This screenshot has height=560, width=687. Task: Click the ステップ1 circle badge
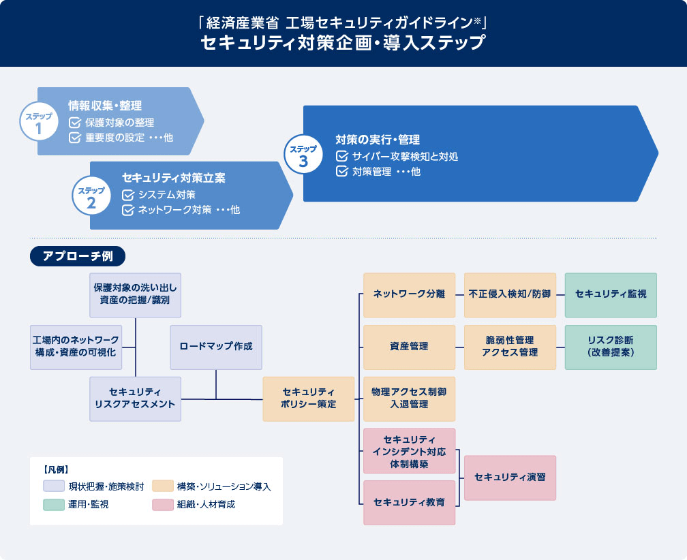tap(39, 122)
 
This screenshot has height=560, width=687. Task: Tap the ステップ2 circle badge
tap(91, 196)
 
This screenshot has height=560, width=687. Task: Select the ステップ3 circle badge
tap(303, 154)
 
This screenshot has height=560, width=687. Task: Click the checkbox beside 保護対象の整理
tap(75, 123)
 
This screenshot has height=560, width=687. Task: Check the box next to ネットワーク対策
tap(128, 210)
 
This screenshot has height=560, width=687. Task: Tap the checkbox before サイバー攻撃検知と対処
tap(341, 156)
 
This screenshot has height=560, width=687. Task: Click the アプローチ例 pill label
tap(78, 256)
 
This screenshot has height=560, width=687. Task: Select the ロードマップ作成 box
tap(216, 347)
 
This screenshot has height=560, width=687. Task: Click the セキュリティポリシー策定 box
tap(309, 399)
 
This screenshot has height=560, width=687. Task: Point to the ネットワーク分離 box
tap(409, 295)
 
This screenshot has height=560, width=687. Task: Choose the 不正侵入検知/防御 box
tap(510, 295)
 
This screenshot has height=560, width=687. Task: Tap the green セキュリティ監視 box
tap(611, 295)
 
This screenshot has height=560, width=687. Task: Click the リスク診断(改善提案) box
tap(611, 347)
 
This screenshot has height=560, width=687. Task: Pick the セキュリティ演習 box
tap(510, 478)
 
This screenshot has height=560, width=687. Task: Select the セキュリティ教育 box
tap(409, 503)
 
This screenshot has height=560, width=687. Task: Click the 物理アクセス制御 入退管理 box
tap(409, 399)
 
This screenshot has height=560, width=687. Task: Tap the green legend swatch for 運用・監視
tap(54, 504)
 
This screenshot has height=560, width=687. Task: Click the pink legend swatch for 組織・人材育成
tap(162, 504)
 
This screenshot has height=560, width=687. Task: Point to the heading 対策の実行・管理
tap(378, 140)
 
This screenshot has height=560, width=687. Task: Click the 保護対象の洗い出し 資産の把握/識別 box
tap(136, 295)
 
